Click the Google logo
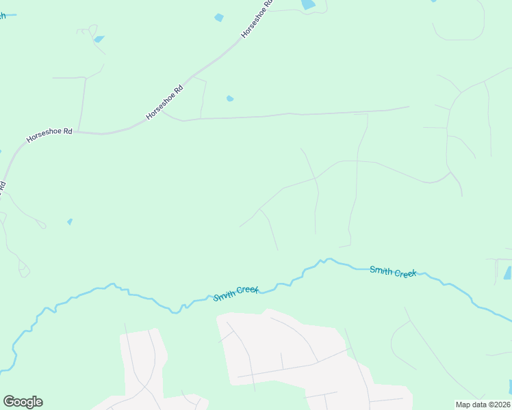(x=23, y=402)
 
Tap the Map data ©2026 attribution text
(x=482, y=405)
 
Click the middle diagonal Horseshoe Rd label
(x=165, y=102)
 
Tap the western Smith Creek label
(x=236, y=292)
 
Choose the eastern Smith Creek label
(x=393, y=271)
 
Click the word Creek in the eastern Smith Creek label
(x=405, y=273)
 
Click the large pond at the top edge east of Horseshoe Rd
(x=308, y=4)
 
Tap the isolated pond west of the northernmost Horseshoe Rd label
(x=219, y=18)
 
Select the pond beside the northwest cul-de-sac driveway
(x=99, y=39)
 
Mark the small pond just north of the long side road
(x=230, y=98)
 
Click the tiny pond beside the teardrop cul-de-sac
(x=70, y=221)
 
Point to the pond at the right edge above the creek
(x=507, y=273)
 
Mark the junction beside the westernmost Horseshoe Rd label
(x=79, y=132)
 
